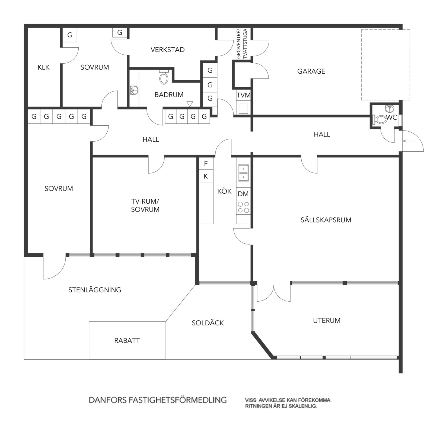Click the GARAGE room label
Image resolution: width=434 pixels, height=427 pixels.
point(311,71)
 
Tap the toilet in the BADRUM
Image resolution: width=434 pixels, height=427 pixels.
point(164,77)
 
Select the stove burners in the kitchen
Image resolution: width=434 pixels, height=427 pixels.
point(243,207)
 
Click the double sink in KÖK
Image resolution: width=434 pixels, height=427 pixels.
point(243,173)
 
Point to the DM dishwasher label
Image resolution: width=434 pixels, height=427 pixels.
point(243,194)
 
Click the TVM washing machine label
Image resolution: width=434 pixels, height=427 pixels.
point(244,95)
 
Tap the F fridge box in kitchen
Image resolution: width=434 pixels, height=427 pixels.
point(206,164)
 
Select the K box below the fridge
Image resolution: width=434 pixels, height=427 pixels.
point(206,176)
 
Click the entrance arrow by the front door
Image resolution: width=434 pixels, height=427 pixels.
point(407,141)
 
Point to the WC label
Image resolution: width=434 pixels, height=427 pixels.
point(391,118)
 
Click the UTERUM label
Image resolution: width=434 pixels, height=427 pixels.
point(327,320)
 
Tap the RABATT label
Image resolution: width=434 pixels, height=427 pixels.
point(127,340)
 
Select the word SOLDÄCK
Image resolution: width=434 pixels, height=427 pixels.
point(208,323)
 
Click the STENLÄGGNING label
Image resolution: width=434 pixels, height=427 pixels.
point(95,290)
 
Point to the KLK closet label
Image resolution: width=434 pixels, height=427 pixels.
point(44,67)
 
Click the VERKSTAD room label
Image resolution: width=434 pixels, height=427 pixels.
point(168,50)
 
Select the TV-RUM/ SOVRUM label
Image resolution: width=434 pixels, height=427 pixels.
point(145,205)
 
